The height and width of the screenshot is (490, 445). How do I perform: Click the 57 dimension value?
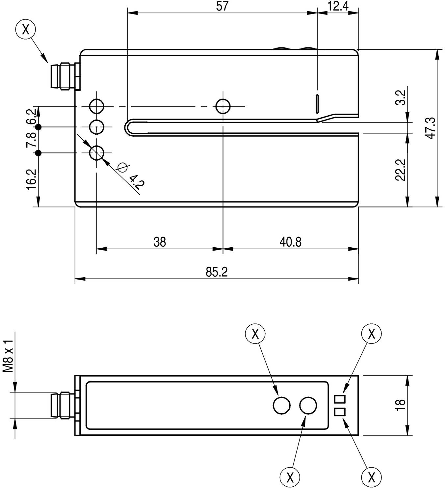pyautogui.click(x=222, y=6)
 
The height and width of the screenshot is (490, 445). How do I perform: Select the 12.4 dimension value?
pyautogui.click(x=338, y=6)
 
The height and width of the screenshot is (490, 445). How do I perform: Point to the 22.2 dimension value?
pyautogui.click(x=401, y=170)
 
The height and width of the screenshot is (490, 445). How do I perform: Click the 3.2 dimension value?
pyautogui.click(x=401, y=97)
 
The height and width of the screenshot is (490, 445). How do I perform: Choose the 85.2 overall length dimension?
pyautogui.click(x=217, y=272)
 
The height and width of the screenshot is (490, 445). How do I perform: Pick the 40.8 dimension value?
pyautogui.click(x=290, y=242)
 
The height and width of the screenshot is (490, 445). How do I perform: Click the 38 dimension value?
pyautogui.click(x=160, y=242)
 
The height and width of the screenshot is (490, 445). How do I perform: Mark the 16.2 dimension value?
pyautogui.click(x=31, y=179)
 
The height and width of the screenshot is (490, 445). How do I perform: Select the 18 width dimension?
pyautogui.click(x=401, y=405)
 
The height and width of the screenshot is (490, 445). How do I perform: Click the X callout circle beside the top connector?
pyautogui.click(x=25, y=30)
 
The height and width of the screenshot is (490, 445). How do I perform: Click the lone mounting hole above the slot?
pyautogui.click(x=223, y=106)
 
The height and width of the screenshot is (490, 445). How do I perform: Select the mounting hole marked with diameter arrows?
pyautogui.click(x=97, y=153)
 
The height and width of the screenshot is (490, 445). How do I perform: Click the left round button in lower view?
pyautogui.click(x=282, y=405)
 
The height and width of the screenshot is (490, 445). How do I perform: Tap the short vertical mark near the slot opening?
pyautogui.click(x=317, y=103)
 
